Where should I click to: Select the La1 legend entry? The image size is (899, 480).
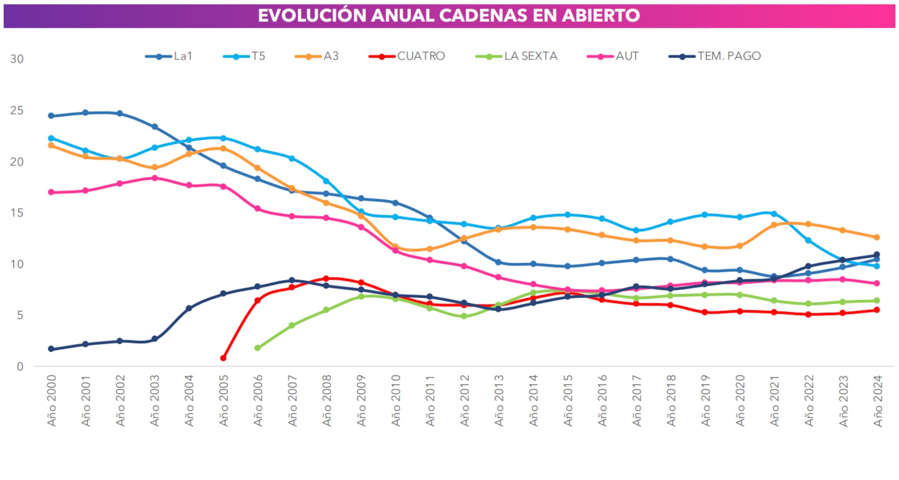169,56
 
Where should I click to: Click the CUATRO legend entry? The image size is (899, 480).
407,56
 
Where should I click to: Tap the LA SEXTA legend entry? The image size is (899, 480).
517,56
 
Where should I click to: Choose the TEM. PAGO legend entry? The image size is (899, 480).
715,56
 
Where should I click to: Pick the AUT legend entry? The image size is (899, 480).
614,56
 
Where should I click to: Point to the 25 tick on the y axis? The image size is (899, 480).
17,110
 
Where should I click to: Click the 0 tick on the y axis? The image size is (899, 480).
20,367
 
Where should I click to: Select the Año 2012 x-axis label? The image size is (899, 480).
464,400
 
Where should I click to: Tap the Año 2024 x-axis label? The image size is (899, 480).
878,400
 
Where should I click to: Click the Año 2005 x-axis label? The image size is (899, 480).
223,400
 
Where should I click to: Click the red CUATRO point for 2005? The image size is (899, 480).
223,358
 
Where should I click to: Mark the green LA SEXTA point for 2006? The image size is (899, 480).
257,348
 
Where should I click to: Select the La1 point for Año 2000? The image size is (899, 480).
51,116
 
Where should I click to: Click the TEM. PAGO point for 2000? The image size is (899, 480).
51,349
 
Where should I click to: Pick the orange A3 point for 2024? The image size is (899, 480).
876,237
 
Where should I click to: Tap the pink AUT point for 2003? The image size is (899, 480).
154,178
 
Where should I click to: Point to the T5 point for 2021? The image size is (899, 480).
774,214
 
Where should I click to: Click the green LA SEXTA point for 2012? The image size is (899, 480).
464,316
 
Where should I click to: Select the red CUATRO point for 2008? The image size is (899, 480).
326,278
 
